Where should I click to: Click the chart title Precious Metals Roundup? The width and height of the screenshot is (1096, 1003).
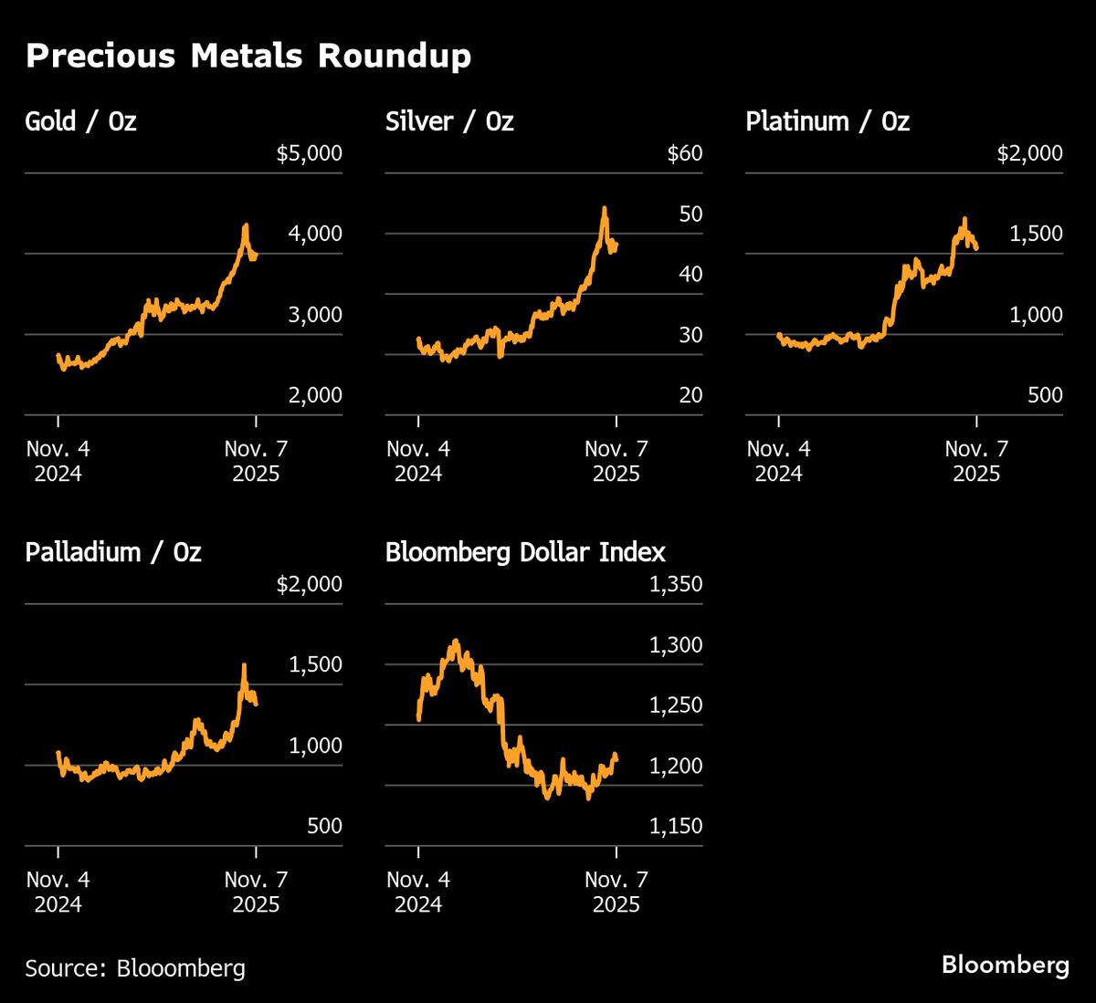point(248,56)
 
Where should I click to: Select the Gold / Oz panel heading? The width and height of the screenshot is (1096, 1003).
point(80,121)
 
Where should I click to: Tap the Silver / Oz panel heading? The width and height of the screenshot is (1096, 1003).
point(449,121)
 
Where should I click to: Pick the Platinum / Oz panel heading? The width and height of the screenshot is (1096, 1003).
point(827,121)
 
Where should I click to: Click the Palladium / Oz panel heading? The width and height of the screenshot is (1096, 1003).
point(113,552)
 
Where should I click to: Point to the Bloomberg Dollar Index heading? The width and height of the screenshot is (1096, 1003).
point(525,552)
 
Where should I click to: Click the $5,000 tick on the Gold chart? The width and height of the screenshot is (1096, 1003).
point(309,153)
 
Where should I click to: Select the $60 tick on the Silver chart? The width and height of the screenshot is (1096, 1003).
point(685,153)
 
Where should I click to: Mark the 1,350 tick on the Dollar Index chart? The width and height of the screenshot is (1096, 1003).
point(675,584)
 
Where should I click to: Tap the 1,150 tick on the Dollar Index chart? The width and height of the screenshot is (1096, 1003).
point(675,826)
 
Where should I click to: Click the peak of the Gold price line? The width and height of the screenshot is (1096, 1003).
point(245,225)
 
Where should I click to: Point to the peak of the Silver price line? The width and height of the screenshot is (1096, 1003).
point(605,209)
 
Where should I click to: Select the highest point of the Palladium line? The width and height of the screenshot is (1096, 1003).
point(244,665)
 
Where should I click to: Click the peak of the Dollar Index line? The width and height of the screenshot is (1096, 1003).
point(456,641)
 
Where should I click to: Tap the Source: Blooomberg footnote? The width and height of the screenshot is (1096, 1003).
point(135,967)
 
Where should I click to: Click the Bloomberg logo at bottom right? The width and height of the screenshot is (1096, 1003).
point(1005,965)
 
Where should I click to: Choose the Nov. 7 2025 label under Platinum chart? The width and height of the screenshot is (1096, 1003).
point(976,461)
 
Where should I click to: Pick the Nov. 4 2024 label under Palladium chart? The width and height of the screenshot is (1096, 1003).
point(58,892)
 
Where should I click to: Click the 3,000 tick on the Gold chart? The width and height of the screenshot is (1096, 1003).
point(315,315)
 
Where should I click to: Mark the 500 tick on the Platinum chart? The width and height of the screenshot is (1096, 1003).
point(1045,395)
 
